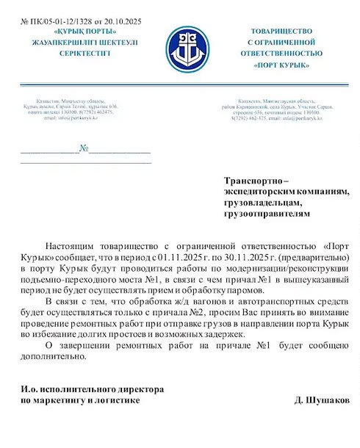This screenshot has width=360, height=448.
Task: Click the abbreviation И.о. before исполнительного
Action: (29, 389)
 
